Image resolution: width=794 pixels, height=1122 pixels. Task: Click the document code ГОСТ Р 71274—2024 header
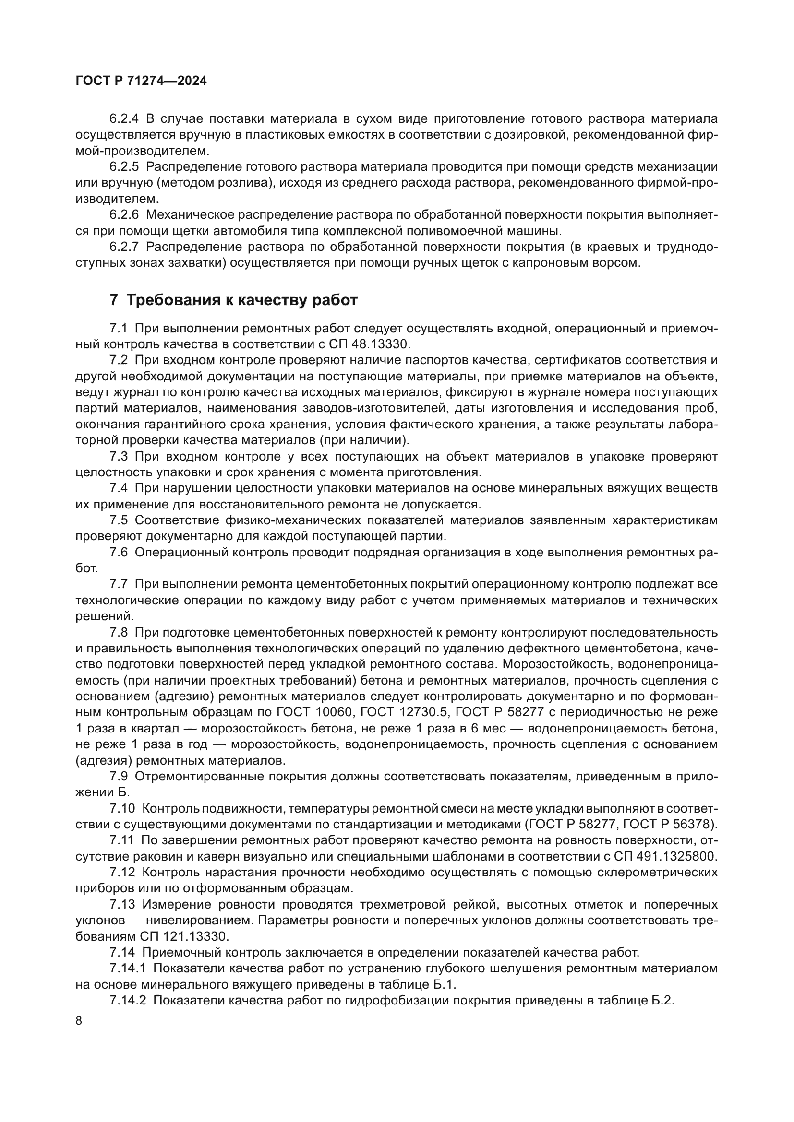click(141, 81)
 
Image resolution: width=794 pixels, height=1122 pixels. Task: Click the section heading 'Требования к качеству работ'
click(242, 300)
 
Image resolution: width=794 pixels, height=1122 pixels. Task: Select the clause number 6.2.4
click(124, 119)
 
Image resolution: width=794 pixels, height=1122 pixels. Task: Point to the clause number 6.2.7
click(124, 247)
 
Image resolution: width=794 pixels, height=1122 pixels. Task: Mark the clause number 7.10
click(122, 808)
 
